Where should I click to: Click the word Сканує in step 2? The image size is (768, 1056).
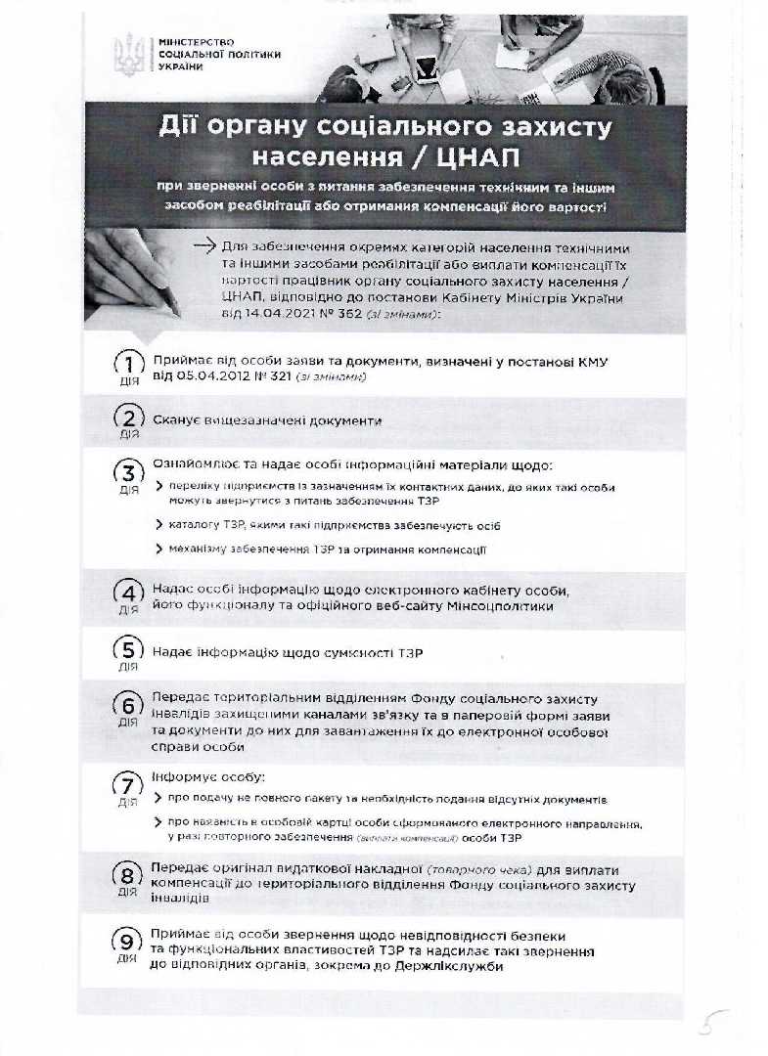click(x=176, y=419)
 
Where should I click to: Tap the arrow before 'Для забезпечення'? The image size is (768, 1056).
click(x=204, y=246)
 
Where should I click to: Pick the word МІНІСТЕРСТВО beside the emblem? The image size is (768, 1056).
click(x=183, y=41)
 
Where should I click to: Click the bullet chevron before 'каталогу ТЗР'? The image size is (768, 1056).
click(x=159, y=525)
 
